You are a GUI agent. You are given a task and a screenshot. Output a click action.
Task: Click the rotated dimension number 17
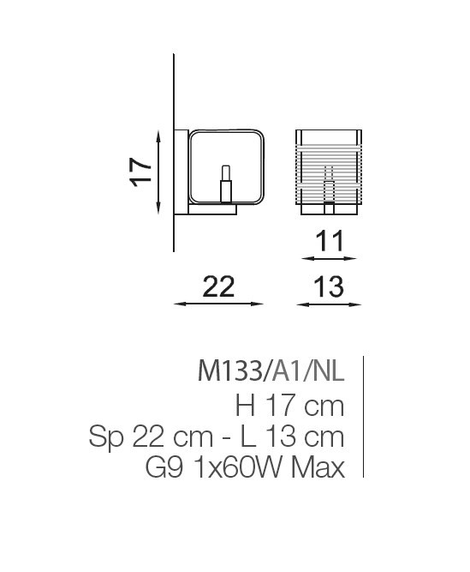tap(140, 172)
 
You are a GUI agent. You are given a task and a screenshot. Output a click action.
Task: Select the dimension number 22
tap(218, 287)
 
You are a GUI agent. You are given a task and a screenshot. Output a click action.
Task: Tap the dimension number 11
tap(330, 241)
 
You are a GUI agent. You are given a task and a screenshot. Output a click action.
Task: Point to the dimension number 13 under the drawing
tap(329, 287)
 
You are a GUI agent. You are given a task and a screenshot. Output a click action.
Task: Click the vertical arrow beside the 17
tap(158, 172)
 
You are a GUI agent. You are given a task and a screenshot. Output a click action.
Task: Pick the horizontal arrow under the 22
tap(218, 304)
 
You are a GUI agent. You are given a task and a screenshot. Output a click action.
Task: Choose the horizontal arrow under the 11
tap(329, 259)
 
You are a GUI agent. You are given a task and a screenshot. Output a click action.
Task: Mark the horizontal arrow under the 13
tap(329, 304)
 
